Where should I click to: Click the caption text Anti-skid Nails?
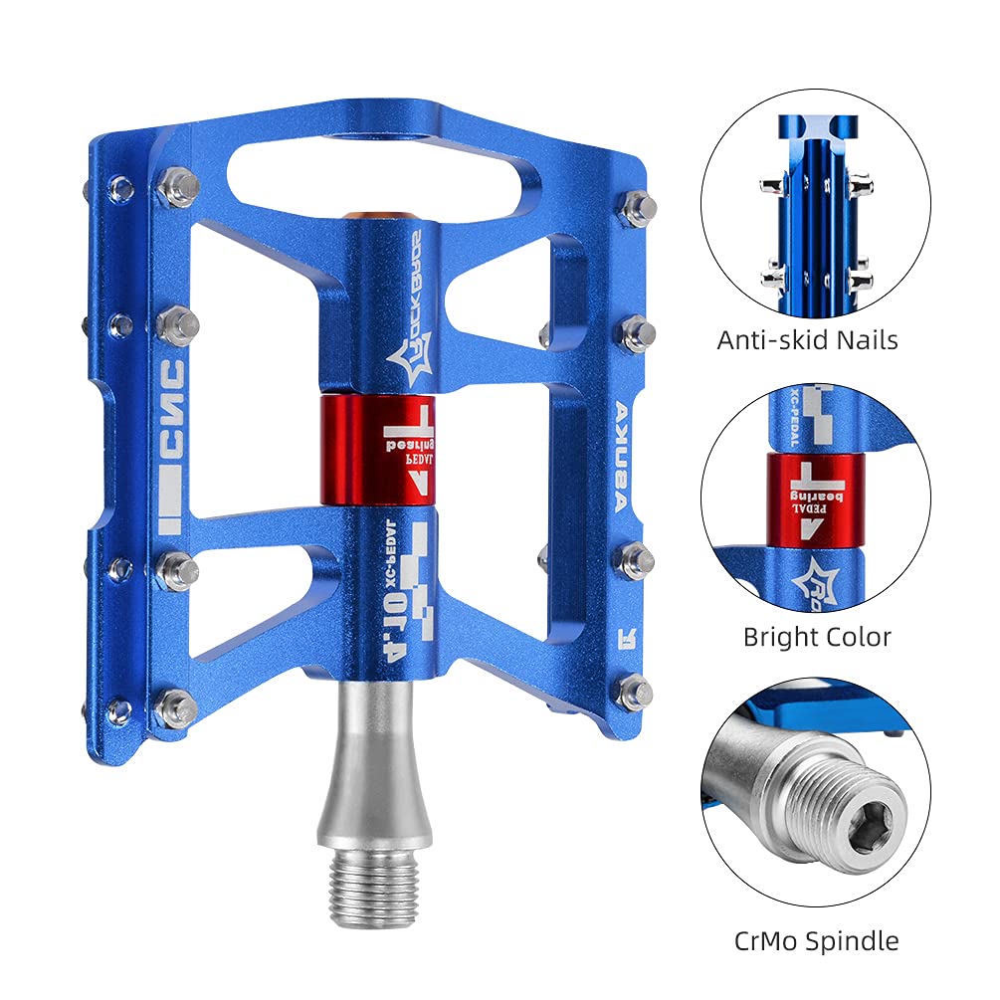807,340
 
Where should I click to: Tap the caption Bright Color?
817,637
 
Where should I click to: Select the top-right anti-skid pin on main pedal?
635,207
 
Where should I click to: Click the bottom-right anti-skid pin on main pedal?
634,692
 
